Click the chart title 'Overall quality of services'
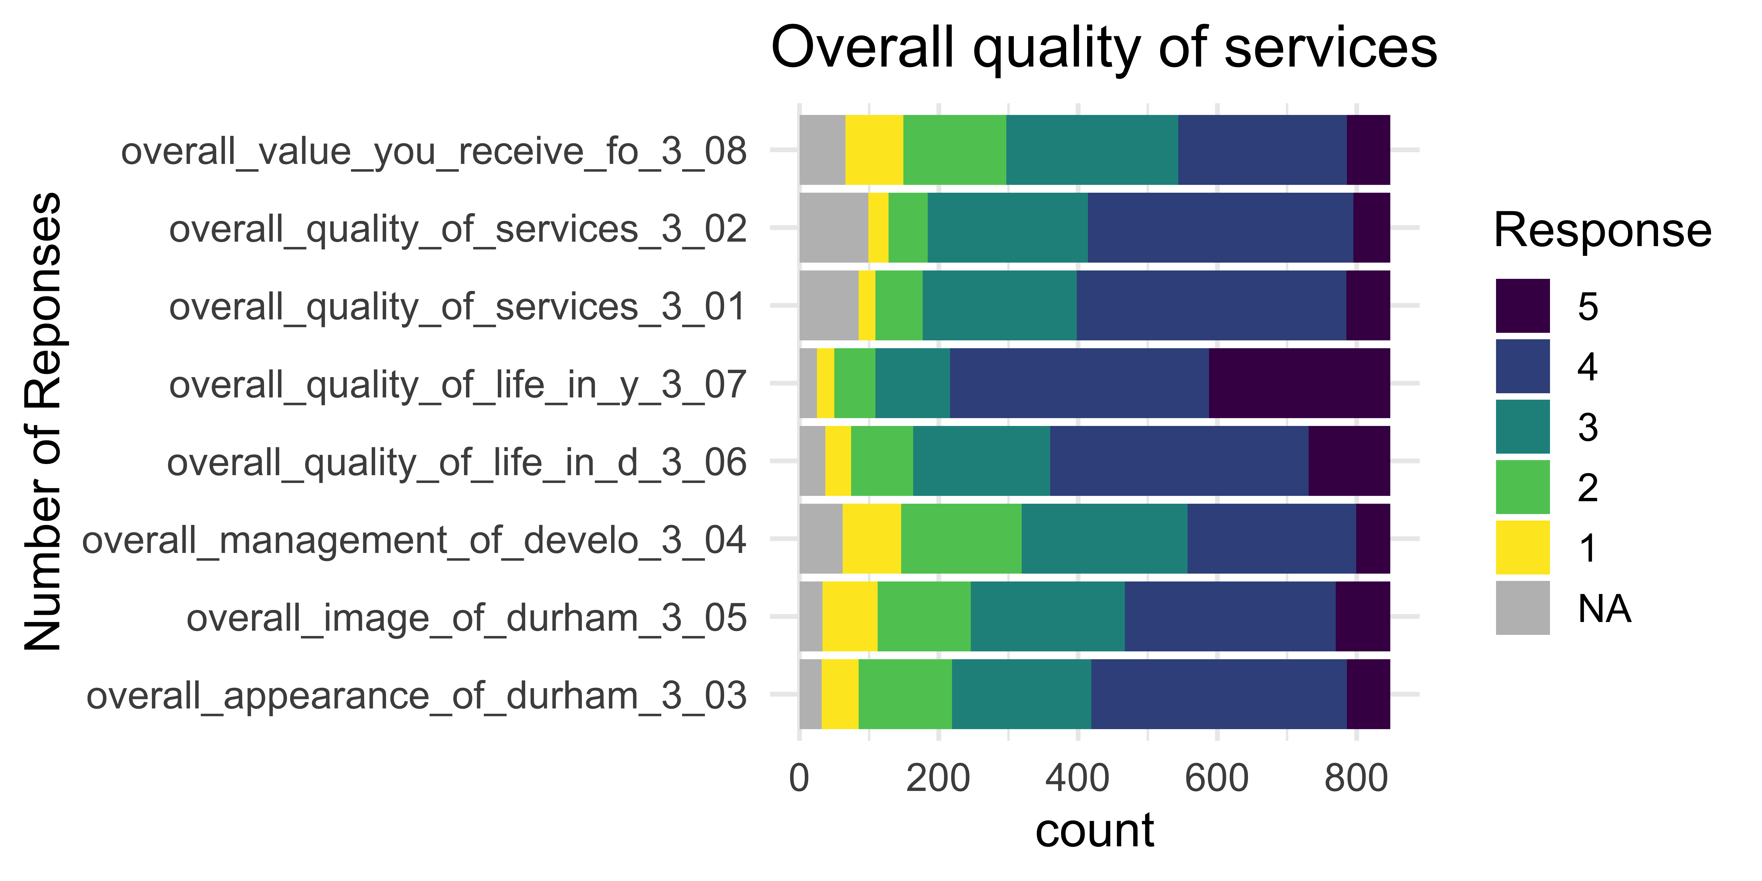coord(1103,48)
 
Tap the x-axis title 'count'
coord(1094,830)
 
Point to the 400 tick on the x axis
coord(1077,778)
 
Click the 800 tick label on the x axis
coord(1356,778)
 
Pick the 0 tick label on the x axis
coord(799,778)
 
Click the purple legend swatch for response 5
coord(1523,306)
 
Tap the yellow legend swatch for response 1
coord(1523,547)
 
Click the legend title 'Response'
coord(1602,230)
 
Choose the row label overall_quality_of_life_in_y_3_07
coord(457,384)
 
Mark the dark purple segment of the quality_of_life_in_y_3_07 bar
coord(1299,383)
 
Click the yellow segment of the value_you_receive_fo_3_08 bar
coord(874,150)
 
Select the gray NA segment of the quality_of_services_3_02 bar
coord(833,228)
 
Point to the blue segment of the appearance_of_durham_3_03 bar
coord(1219,694)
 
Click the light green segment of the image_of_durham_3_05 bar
coord(924,616)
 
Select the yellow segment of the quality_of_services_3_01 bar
coord(867,305)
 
